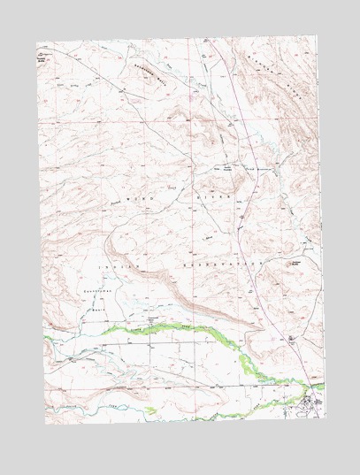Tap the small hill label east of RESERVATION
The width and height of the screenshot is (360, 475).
point(294,262)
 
